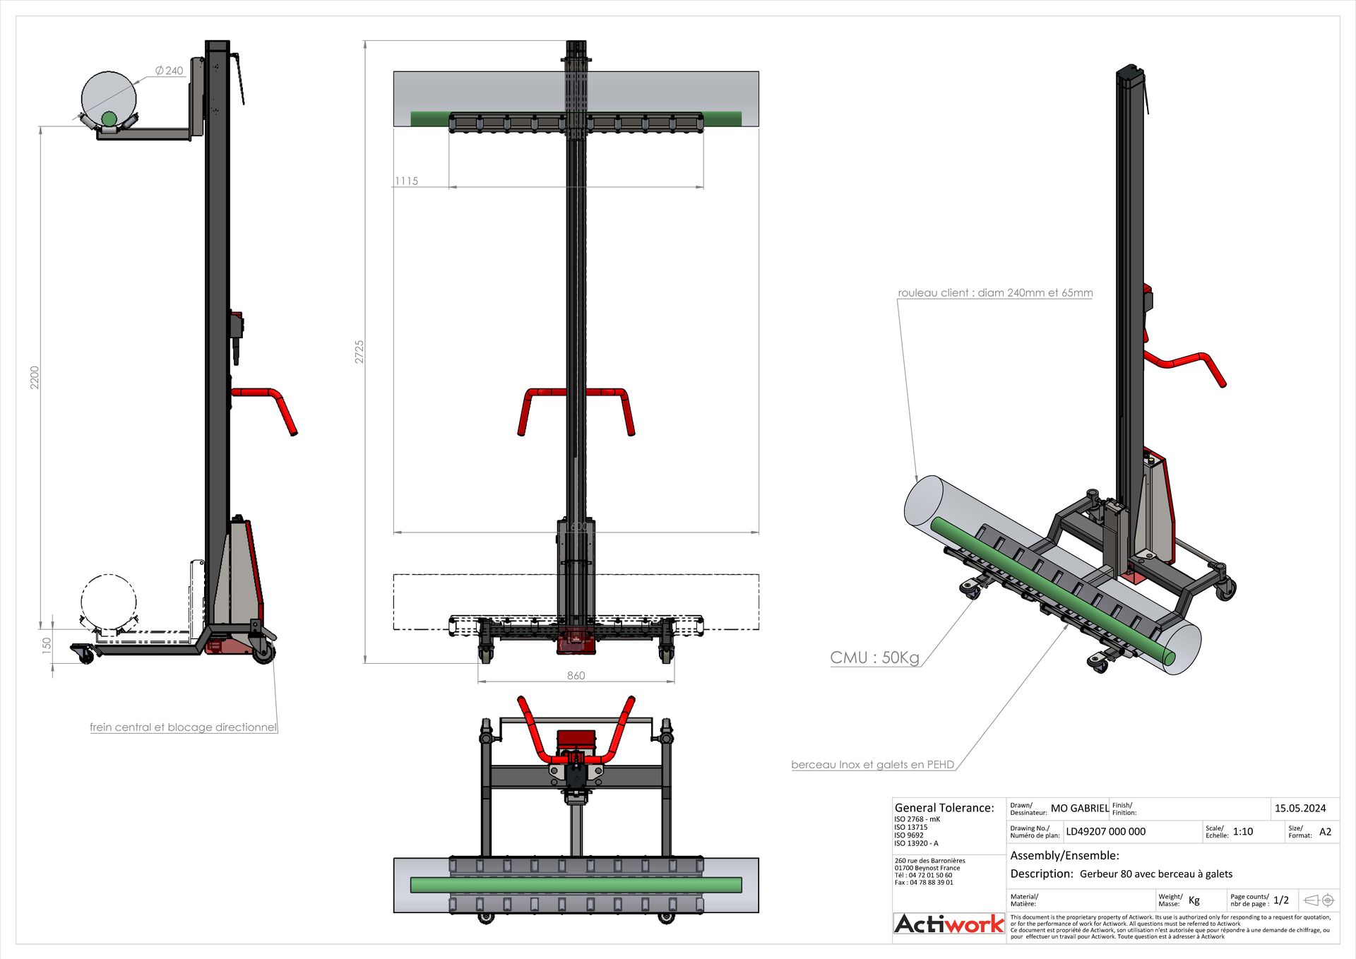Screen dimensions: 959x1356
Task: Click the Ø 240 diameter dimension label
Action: (x=169, y=71)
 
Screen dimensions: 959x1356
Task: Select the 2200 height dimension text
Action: (x=35, y=377)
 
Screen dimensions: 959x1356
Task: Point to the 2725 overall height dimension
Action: (x=359, y=352)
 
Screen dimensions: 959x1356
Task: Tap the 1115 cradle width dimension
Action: (x=407, y=181)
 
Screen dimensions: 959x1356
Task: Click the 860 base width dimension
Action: (x=576, y=676)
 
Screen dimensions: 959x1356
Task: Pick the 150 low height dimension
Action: (x=47, y=644)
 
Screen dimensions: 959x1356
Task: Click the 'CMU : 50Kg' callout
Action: (x=874, y=657)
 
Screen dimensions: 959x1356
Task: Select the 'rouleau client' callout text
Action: (x=994, y=292)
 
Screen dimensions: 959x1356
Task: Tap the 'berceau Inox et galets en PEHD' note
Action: (x=872, y=764)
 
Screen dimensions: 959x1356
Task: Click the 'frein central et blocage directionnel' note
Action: (x=183, y=727)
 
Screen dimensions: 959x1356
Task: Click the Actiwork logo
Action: (x=948, y=924)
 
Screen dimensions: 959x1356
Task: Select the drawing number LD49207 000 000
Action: (x=1105, y=832)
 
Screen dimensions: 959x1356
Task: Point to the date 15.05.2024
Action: (x=1299, y=809)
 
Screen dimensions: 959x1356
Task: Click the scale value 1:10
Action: (x=1242, y=832)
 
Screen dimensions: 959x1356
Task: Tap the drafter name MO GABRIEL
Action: (x=1079, y=809)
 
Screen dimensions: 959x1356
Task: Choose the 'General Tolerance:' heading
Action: (x=944, y=808)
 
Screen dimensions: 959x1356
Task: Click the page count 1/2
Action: (x=1280, y=900)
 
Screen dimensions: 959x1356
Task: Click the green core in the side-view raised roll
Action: (x=109, y=119)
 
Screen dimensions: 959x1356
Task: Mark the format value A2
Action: (x=1325, y=832)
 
